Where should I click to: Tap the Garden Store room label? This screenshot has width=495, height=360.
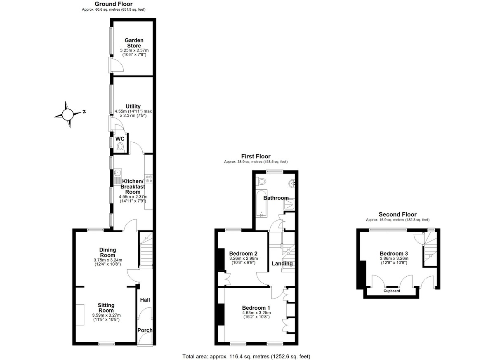[x=134, y=43]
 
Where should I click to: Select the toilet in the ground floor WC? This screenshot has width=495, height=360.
[x=120, y=146]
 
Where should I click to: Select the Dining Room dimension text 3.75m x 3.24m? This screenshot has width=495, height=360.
[x=107, y=260]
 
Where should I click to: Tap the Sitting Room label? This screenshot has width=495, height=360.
[x=106, y=308]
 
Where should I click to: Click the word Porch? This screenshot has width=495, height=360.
[x=145, y=330]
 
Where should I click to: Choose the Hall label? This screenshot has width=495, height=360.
[x=145, y=300]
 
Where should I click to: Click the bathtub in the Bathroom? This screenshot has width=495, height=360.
[x=262, y=203]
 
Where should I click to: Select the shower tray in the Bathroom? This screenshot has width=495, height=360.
[x=291, y=203]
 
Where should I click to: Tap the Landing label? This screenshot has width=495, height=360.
[x=282, y=264]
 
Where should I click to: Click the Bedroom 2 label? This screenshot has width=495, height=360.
[x=243, y=253]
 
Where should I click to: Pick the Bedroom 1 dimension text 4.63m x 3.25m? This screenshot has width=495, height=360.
[x=256, y=313]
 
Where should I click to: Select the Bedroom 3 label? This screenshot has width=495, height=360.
[x=394, y=253]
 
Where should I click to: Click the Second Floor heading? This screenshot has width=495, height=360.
[x=398, y=214]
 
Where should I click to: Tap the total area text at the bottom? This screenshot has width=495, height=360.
[x=246, y=356]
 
